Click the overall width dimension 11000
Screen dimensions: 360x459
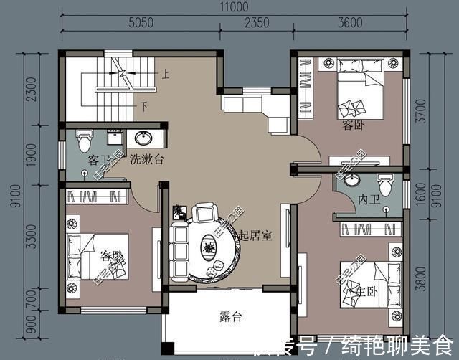(234, 6)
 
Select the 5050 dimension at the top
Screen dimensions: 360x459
(141, 23)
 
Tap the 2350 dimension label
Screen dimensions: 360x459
(256, 23)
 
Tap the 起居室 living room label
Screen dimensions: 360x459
(255, 235)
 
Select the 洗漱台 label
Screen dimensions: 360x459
(146, 160)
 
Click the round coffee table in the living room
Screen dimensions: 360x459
(207, 249)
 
